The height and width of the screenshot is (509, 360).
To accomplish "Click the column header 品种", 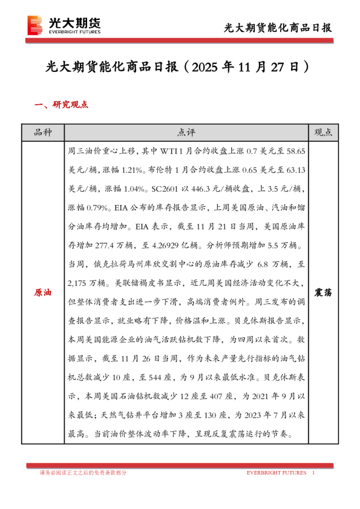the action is click(x=42, y=132).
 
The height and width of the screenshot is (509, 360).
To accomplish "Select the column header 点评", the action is click(x=186, y=132).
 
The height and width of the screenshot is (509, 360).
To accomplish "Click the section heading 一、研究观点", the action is click(x=62, y=105).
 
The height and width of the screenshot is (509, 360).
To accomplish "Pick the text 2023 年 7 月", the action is click(x=269, y=418).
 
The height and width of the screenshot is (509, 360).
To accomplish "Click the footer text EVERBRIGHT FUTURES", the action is click(x=276, y=473).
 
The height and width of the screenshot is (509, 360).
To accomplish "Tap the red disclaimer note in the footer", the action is click(x=83, y=473).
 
